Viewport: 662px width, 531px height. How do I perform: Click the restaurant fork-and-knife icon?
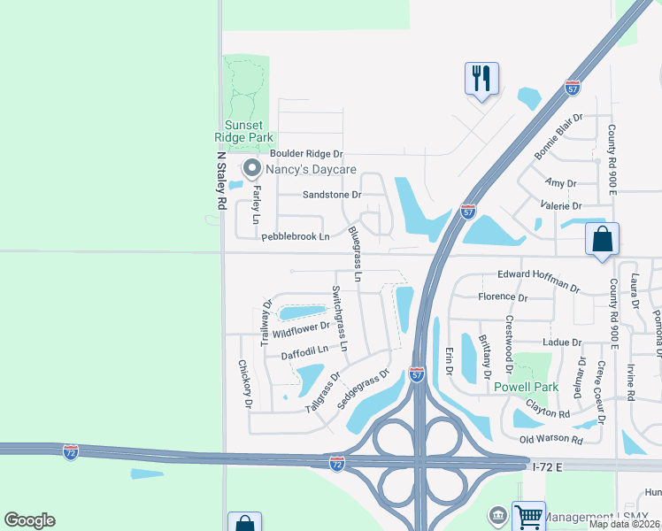coord(481,79)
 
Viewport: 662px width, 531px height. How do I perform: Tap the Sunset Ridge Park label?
coord(243,131)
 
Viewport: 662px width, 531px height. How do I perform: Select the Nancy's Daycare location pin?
coord(251,168)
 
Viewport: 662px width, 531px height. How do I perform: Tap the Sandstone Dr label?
coord(332,195)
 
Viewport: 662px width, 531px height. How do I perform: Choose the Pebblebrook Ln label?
coord(295,236)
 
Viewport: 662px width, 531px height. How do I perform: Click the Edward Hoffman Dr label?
coord(538,281)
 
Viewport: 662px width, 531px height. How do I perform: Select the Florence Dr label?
coord(502,298)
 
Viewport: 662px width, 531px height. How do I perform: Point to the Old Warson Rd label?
coord(551,440)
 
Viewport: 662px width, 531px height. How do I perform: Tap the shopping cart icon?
coord(528,516)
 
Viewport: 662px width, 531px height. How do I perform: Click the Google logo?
coord(29,520)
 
